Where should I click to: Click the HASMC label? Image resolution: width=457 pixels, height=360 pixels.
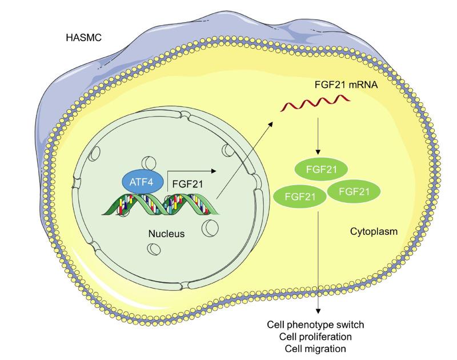84,40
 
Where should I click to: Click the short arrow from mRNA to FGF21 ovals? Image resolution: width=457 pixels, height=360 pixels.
316,137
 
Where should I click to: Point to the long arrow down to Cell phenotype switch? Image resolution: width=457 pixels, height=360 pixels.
317,257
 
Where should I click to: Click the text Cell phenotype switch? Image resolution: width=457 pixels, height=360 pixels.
316,325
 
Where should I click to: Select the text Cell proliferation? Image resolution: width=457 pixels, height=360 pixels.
316,336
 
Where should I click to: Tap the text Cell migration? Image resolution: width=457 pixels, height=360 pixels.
316,347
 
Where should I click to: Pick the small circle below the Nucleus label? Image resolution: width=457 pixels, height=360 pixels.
154,250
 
